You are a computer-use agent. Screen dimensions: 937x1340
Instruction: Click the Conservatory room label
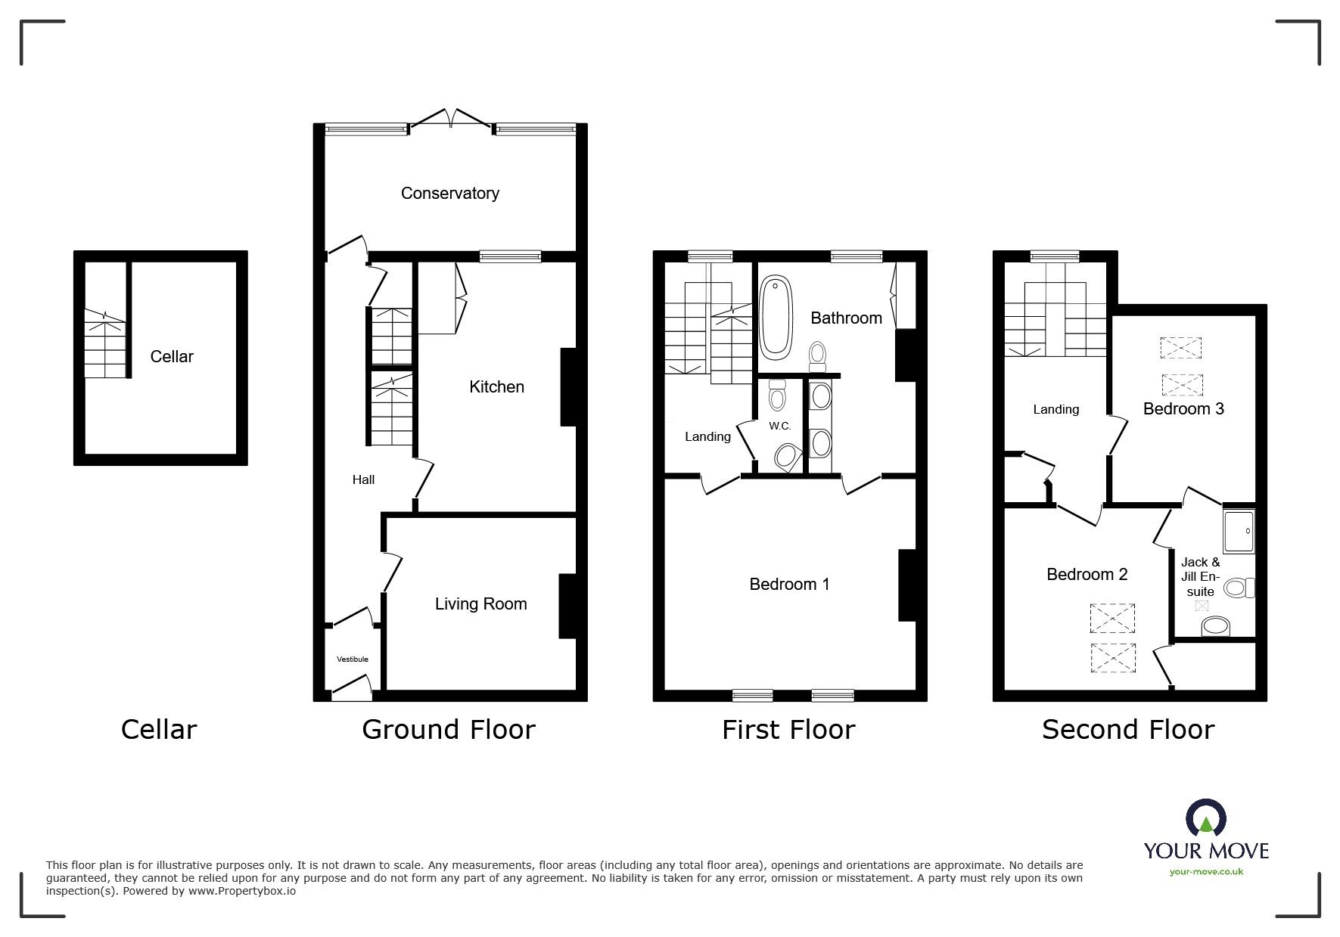coord(449,194)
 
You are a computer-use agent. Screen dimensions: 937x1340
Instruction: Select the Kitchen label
coord(496,387)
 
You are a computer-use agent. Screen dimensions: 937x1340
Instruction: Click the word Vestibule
coord(353,659)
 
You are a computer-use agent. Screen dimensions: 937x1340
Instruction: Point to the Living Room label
coord(480,604)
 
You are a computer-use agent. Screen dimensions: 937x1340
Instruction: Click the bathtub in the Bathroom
coord(776,318)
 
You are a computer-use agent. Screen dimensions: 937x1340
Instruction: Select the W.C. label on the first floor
coord(780,427)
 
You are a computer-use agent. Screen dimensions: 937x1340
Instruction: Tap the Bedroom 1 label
coord(789,585)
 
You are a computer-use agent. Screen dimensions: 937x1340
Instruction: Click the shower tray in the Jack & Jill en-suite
coord(1239,531)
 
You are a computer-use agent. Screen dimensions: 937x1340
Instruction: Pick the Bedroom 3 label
coord(1183,409)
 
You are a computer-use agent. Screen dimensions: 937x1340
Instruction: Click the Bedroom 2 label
coord(1087,575)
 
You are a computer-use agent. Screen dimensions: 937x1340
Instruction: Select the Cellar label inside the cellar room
coord(172,357)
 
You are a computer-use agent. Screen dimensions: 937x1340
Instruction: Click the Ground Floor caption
coord(449,730)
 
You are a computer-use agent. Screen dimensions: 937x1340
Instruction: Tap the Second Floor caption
coord(1127,730)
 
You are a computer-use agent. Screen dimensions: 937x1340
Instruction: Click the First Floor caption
coord(788,730)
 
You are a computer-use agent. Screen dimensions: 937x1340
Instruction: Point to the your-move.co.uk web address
coord(1206,872)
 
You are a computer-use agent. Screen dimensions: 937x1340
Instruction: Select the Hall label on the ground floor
coord(363,480)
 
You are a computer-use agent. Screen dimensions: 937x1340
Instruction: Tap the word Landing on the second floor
coord(1056,410)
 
